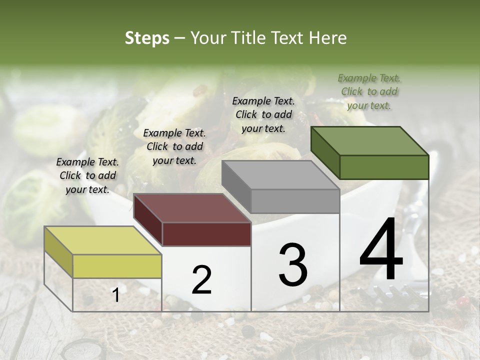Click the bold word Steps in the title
pos(147,38)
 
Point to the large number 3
pos(293,265)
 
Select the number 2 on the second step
pos(201,280)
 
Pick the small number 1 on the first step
pos(116,295)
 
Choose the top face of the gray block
pos(280,175)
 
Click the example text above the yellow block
pos(87,175)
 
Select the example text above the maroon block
pos(174,146)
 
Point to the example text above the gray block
pos(263,114)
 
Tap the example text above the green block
pos(369,91)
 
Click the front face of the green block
pos(384,167)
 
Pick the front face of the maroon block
pos(206,234)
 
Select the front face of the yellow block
pos(117,266)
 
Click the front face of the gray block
pos(295,201)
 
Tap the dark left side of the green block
pos(325,152)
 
